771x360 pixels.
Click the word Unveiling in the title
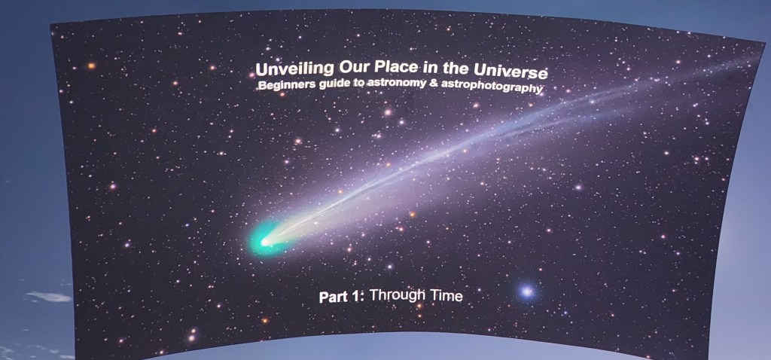(x=288, y=70)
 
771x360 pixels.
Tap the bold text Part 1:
(x=341, y=297)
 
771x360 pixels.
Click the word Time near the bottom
(x=446, y=297)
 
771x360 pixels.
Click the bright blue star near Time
(x=527, y=291)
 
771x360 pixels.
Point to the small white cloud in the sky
(x=48, y=297)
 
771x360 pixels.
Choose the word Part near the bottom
(x=333, y=297)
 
